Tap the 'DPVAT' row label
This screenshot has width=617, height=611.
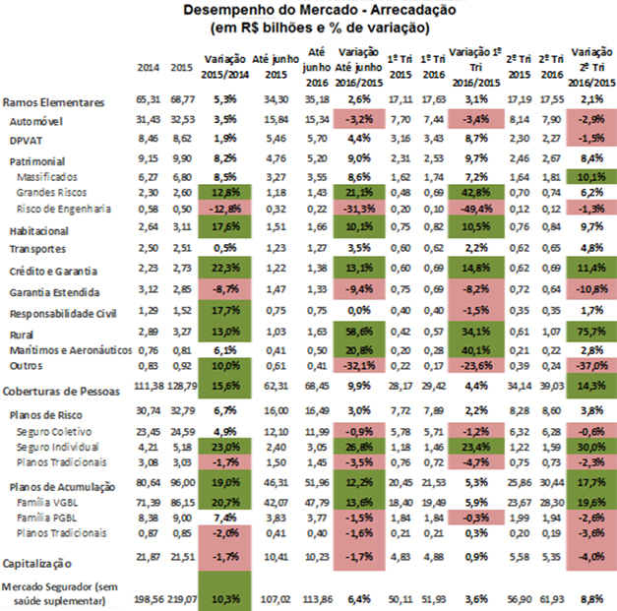pos(25,139)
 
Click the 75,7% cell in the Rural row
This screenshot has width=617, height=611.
pos(591,334)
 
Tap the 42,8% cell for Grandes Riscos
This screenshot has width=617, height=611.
pos(475,194)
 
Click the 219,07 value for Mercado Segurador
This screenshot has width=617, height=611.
pos(179,597)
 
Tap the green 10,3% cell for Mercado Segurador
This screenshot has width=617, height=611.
pos(225,597)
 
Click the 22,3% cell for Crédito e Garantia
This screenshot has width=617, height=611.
pos(225,269)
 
